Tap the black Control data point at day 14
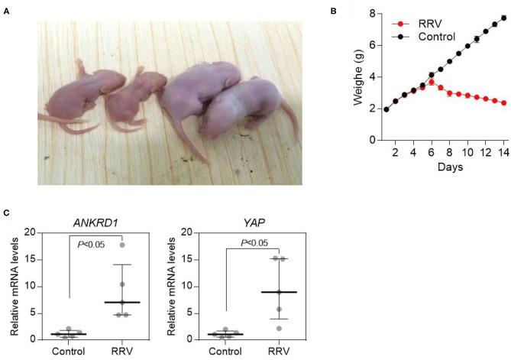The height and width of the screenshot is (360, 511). coord(504,17)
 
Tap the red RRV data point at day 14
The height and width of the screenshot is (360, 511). coord(504,102)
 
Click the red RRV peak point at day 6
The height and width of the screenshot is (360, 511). coord(432,82)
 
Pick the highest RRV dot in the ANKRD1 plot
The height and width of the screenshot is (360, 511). coord(121,245)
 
